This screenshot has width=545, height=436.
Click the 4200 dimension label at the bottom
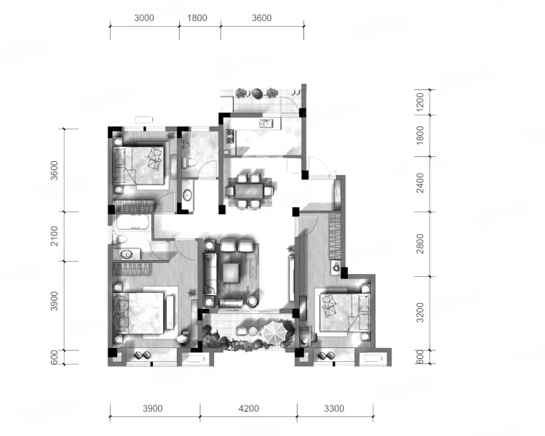pyautogui.click(x=249, y=408)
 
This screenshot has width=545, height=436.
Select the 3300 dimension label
pyautogui.click(x=334, y=408)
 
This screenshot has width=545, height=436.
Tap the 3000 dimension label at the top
pyautogui.click(x=144, y=17)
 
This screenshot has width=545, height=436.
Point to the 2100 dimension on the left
pyautogui.click(x=55, y=235)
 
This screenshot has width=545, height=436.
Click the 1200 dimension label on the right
pyautogui.click(x=420, y=102)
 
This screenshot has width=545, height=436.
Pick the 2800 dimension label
pyautogui.click(x=420, y=243)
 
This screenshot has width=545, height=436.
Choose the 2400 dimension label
pyautogui.click(x=420, y=183)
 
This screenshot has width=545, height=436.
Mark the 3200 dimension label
pyautogui.click(x=420, y=312)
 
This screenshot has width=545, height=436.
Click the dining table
pyautogui.click(x=249, y=191)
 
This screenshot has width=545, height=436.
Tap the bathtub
pyautogui.click(x=132, y=222)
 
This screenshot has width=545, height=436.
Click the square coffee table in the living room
pyautogui.click(x=231, y=272)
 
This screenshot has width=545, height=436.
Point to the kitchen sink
pyautogui.click(x=265, y=124)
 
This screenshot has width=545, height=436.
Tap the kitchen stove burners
pyautogui.click(x=230, y=136)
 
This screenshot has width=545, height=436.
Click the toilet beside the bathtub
pyautogui.click(x=120, y=239)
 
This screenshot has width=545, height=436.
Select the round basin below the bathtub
pyautogui.click(x=127, y=255)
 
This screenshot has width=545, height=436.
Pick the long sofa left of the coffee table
pyautogui.click(x=210, y=274)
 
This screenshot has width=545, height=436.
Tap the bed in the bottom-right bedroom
pyautogui.click(x=345, y=312)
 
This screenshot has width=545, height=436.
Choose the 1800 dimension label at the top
pyautogui.click(x=197, y=17)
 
